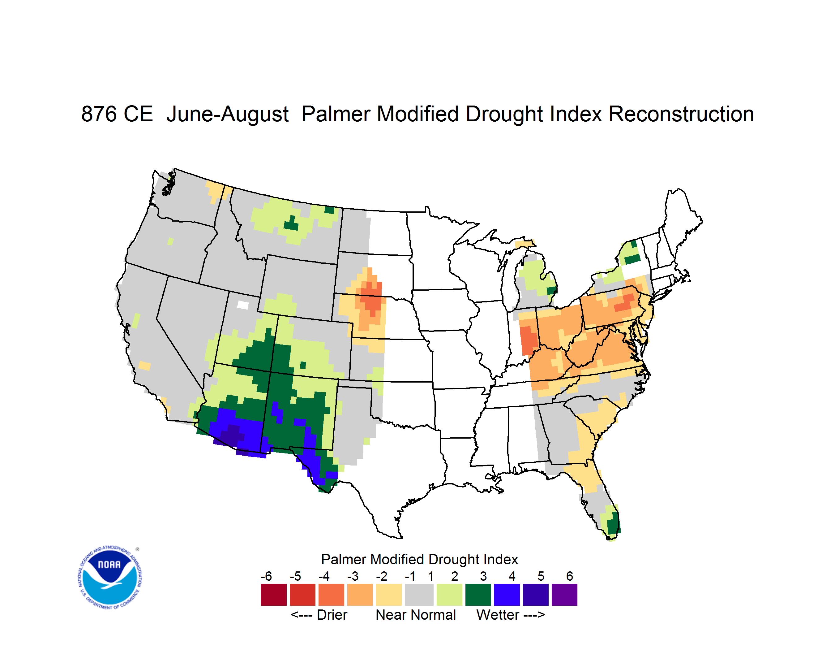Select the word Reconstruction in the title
(x=681, y=114)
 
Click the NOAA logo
(x=110, y=577)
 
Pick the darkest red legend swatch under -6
(x=274, y=595)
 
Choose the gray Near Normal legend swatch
(x=419, y=595)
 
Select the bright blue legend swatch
(x=507, y=595)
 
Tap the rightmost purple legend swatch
(x=564, y=595)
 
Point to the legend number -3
(x=353, y=576)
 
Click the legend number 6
(x=570, y=576)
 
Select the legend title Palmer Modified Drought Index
(x=419, y=559)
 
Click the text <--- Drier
(x=319, y=615)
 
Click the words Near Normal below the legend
(x=416, y=615)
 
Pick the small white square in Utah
(x=243, y=305)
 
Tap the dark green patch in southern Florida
(x=613, y=522)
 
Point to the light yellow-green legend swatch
(x=449, y=595)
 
